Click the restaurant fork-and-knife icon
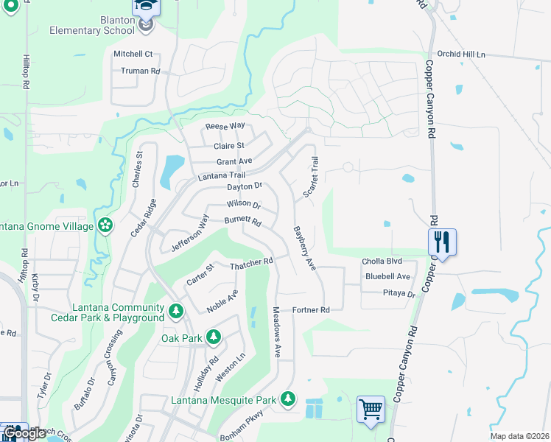(442, 240)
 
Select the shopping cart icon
(370, 408)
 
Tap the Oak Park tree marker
(214, 337)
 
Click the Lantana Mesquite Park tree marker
(287, 399)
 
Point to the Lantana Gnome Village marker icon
(105, 225)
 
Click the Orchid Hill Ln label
(463, 55)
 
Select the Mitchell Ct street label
(133, 54)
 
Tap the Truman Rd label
(140, 71)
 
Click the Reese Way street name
(225, 126)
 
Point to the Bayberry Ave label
(303, 248)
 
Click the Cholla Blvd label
(382, 262)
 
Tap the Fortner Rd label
(310, 310)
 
